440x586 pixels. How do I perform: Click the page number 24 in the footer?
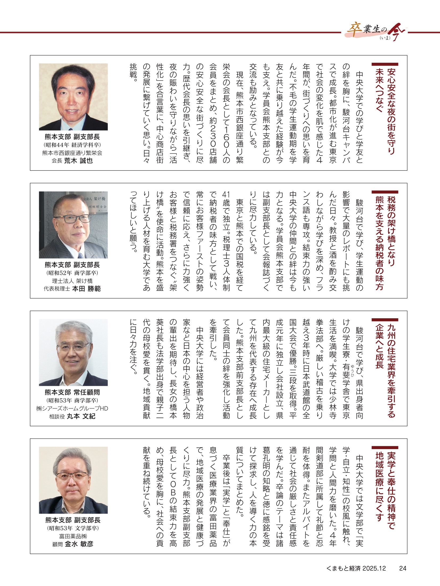[403, 568]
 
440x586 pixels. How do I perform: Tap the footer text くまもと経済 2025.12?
[356, 568]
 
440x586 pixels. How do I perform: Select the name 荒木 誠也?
[79, 161]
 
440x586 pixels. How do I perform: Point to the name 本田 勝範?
[86, 289]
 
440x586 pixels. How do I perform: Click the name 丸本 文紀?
[81, 416]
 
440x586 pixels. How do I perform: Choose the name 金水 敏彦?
[79, 544]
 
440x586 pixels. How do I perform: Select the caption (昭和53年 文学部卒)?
[73, 528]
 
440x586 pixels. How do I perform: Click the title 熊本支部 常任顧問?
[72, 392]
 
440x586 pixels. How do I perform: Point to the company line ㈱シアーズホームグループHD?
[72, 408]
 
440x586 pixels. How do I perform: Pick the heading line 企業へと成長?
[379, 346]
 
